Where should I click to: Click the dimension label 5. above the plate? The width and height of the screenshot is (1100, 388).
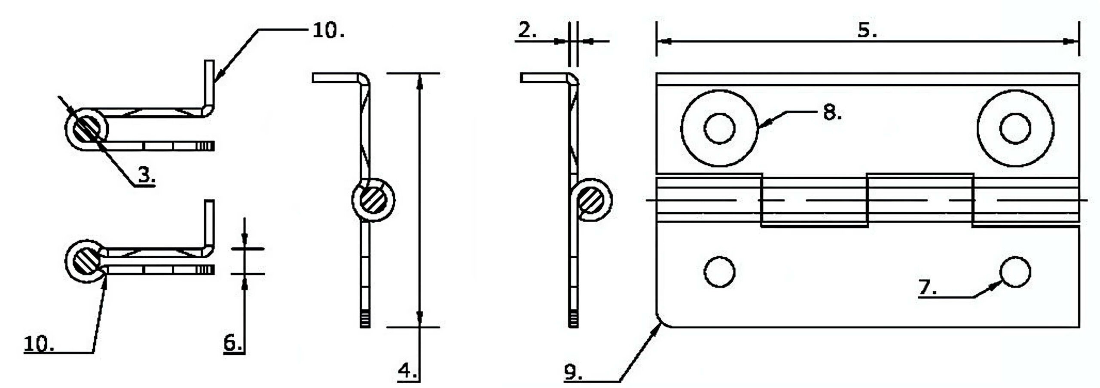click(867, 30)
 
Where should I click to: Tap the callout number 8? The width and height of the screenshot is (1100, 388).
click(832, 113)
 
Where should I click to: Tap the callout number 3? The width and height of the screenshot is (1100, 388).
click(147, 174)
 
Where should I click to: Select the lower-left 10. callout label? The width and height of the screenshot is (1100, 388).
click(39, 344)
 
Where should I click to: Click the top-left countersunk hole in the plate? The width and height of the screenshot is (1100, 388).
click(719, 128)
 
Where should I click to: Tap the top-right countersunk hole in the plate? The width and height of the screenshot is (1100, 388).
click(1015, 128)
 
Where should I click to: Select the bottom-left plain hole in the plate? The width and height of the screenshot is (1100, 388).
click(719, 272)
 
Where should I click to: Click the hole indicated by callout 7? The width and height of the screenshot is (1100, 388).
click(1015, 272)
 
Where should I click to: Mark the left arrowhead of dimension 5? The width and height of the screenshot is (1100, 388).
click(664, 41)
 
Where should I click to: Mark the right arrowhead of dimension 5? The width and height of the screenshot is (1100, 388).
click(1071, 41)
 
